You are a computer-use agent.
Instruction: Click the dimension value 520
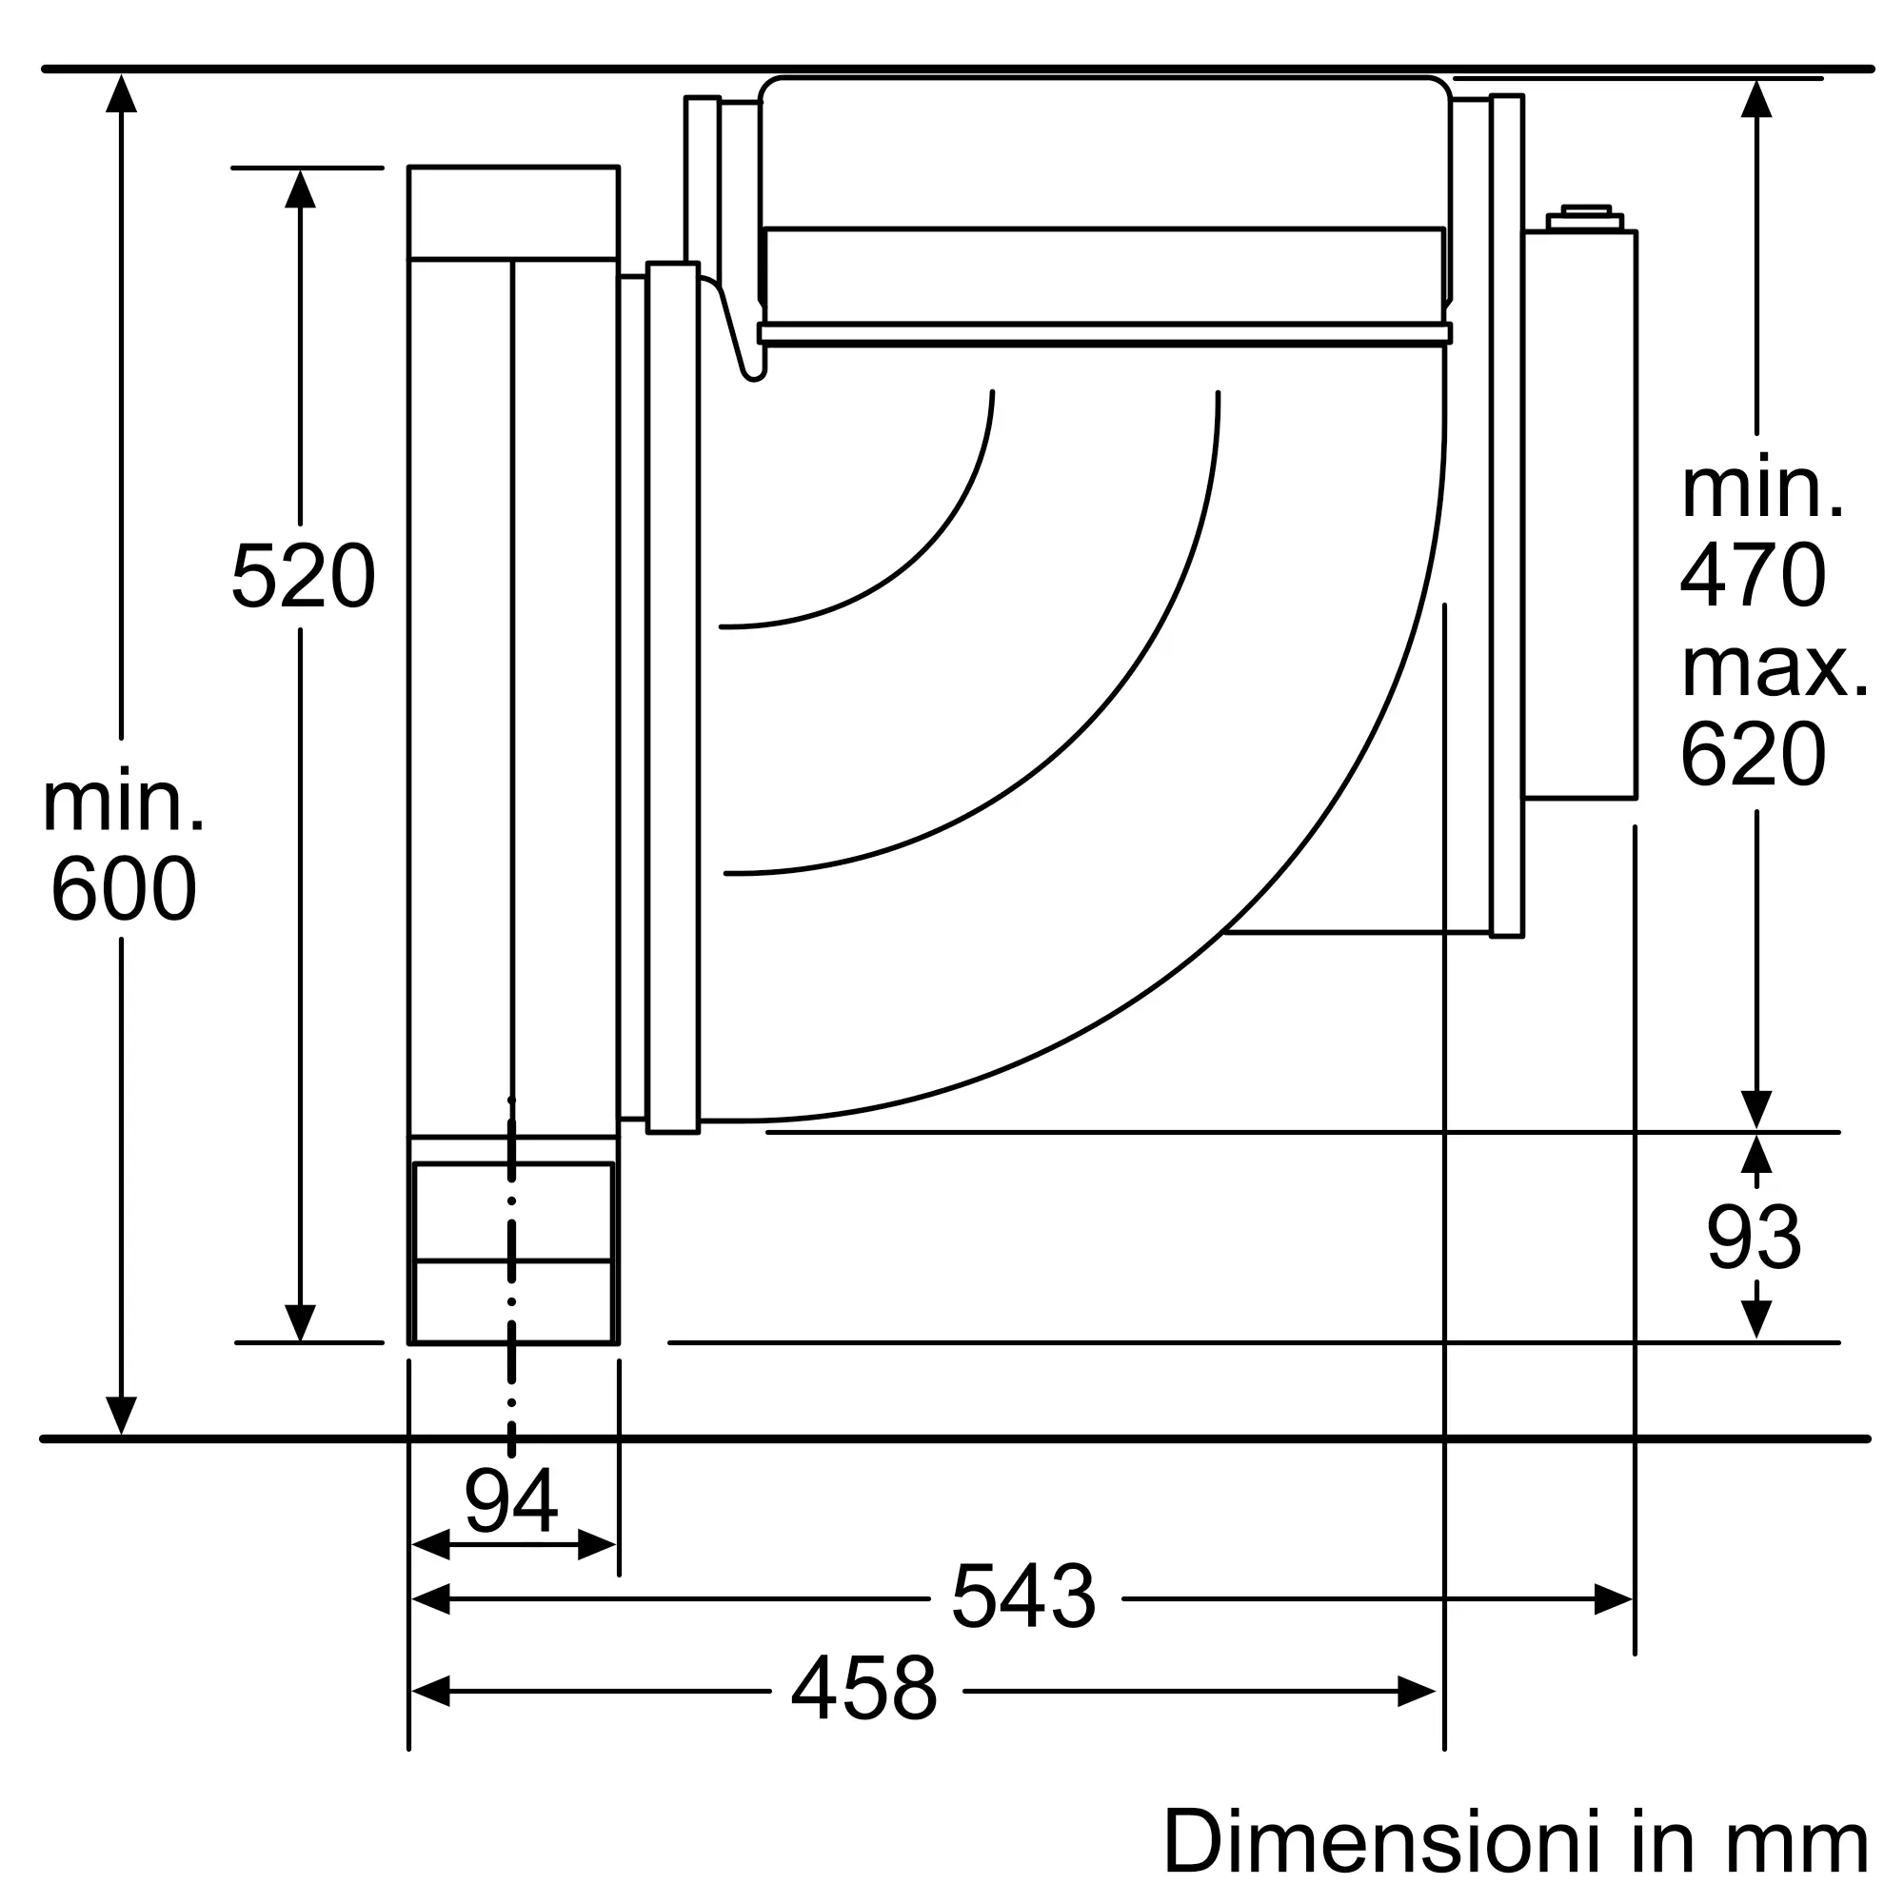coord(303,577)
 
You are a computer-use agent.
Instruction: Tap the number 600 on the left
coord(123,888)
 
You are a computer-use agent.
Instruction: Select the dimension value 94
coord(511,1501)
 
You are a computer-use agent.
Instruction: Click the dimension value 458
coord(864,1690)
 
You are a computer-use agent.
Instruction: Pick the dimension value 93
coord(1755,1238)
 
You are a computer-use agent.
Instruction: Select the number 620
coord(1754,754)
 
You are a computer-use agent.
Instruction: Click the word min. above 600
coord(123,802)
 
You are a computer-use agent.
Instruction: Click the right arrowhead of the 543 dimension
coord(1614,1598)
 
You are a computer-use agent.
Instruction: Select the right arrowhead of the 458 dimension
coord(1417,1691)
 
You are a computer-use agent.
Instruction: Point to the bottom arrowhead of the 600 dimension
coord(121,1417)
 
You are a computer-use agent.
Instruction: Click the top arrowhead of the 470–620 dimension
coord(1756,100)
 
